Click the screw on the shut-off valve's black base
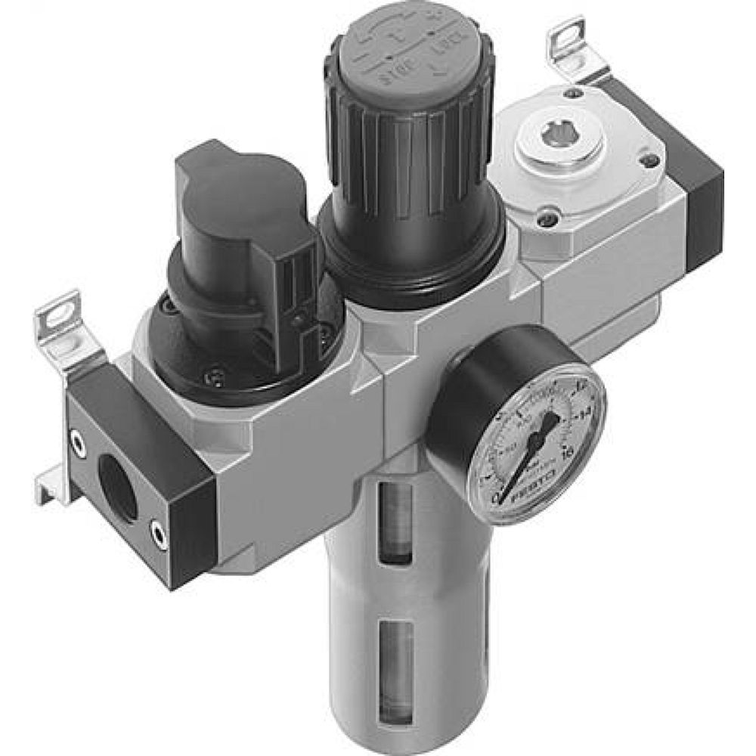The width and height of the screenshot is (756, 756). [x=215, y=372]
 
